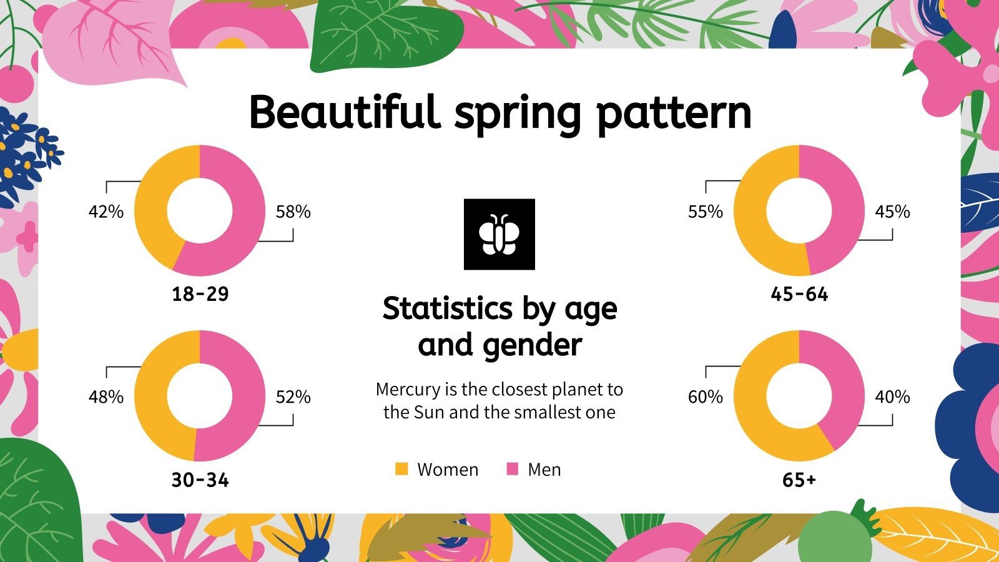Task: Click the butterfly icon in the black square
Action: pos(499,234)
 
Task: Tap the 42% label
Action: pos(106,212)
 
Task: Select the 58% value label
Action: pos(293,212)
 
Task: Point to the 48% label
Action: pos(106,397)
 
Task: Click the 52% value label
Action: pos(293,397)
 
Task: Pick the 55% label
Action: pos(706,212)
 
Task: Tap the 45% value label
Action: pos(892,212)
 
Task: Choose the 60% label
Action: pos(706,397)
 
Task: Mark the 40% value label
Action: pos(892,397)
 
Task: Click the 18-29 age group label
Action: pos(200,293)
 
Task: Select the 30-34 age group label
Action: pos(200,480)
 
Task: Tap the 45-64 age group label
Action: pos(799,293)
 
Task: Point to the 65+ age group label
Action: pos(799,480)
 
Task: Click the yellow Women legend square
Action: pos(401,469)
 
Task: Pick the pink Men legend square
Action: pos(512,469)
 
